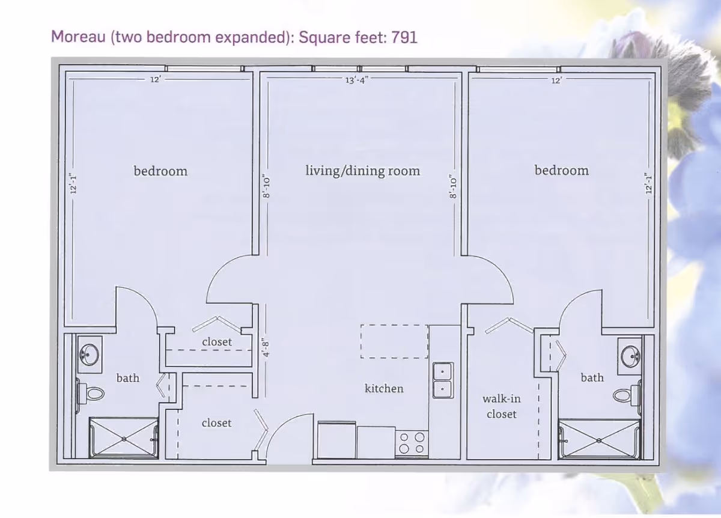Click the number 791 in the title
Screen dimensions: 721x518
point(404,37)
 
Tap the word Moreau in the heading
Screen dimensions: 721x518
point(78,37)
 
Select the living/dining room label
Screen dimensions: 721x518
point(363,171)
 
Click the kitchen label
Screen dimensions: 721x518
point(384,388)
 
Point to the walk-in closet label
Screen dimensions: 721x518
point(502,406)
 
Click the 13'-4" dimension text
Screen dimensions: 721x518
point(357,80)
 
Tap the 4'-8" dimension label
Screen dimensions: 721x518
point(266,347)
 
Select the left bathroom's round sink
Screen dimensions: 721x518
point(89,355)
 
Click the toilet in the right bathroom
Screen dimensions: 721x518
point(626,394)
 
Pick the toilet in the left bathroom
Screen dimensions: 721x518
point(91,393)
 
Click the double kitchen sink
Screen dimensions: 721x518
point(443,380)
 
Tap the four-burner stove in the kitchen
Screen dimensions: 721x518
point(412,443)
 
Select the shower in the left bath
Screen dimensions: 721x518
point(124,438)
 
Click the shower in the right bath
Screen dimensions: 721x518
point(599,439)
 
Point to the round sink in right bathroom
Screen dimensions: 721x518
point(630,356)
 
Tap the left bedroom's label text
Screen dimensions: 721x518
point(160,171)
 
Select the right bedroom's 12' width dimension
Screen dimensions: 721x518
point(556,80)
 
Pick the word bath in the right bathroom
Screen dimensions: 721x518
point(592,377)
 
